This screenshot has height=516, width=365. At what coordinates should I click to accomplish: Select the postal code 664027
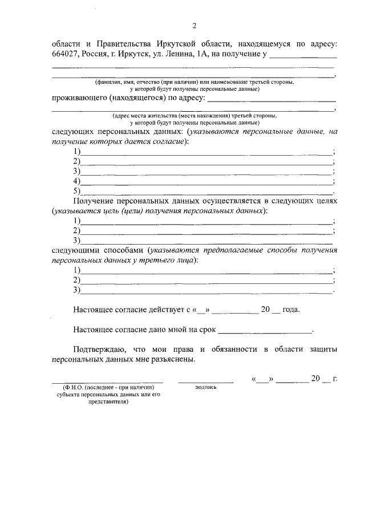[x=67, y=55]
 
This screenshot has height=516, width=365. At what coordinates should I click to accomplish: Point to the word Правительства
[x=124, y=43]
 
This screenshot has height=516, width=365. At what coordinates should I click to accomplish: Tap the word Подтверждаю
[x=103, y=349]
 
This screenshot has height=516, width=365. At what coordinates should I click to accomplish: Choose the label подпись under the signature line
[x=205, y=386]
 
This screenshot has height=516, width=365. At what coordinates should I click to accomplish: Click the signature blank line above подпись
[x=205, y=380]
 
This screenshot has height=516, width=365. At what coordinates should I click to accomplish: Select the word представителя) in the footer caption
[x=108, y=401]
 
